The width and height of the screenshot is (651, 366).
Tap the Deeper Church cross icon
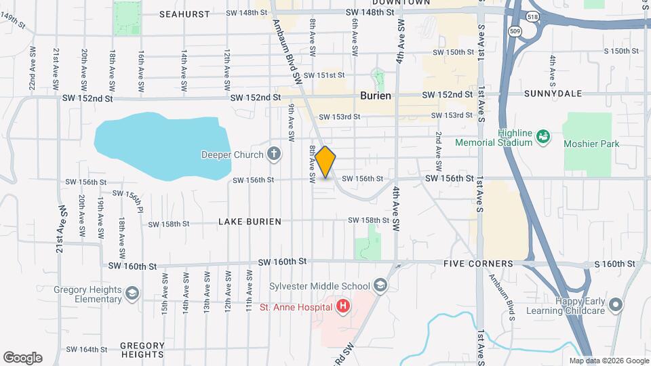(x=273, y=155)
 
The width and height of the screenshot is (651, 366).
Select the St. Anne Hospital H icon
(x=343, y=307)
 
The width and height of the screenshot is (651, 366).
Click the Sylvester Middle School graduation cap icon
(x=380, y=287)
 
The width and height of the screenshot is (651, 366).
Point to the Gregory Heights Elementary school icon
(x=132, y=293)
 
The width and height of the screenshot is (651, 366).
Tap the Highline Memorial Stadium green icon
(x=542, y=138)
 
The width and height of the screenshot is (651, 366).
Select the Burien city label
(x=376, y=96)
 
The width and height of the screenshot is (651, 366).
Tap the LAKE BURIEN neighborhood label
(x=250, y=222)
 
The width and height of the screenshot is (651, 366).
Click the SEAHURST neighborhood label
(x=184, y=14)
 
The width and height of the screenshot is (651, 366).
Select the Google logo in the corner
(x=22, y=358)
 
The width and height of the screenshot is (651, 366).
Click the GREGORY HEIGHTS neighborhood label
(x=142, y=349)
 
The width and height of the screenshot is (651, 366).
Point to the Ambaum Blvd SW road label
(x=286, y=51)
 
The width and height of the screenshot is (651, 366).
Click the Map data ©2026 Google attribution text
(x=608, y=361)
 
